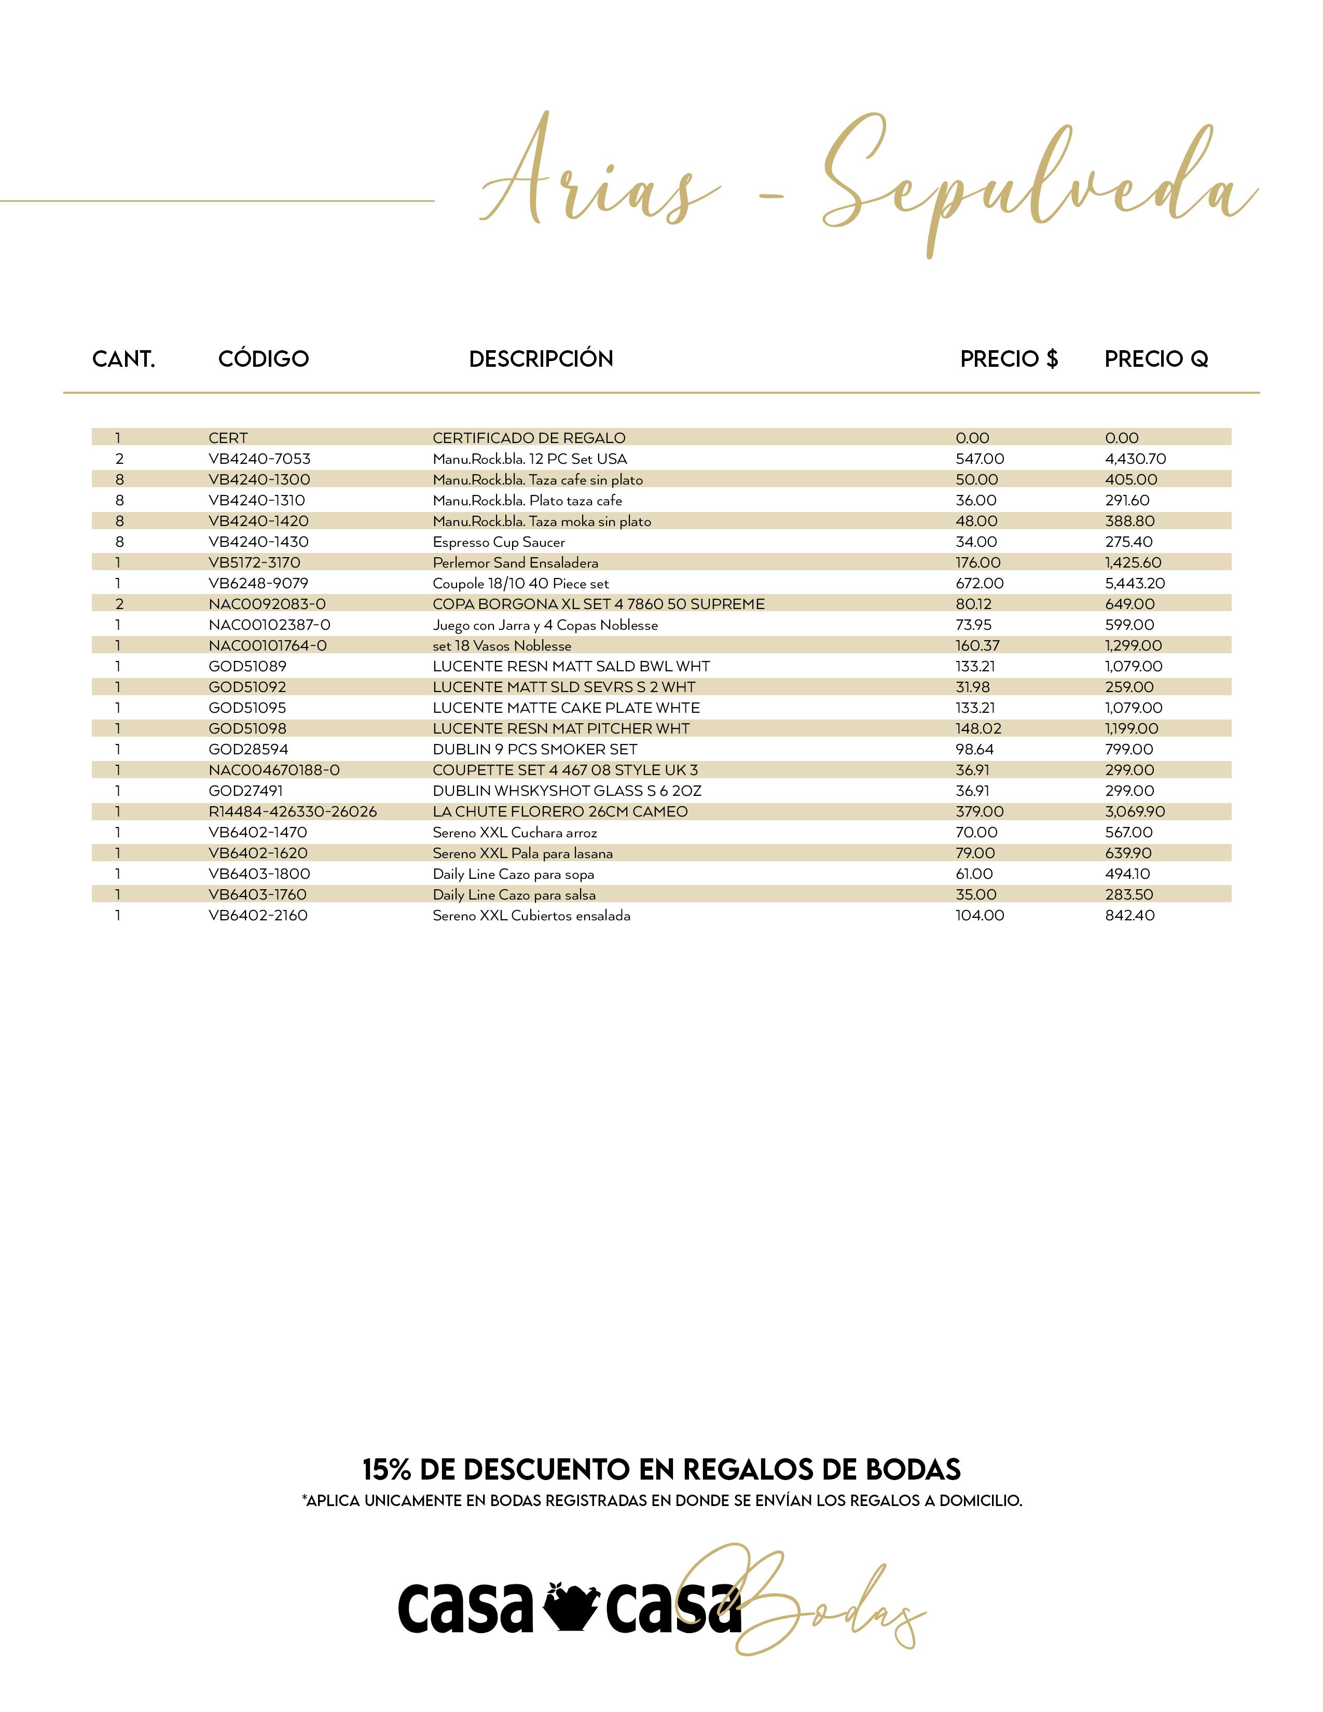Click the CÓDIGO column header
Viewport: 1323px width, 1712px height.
coord(264,359)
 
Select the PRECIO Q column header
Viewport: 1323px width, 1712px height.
coord(1156,359)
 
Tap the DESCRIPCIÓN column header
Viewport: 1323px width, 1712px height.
coord(541,359)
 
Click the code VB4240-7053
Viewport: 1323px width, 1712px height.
coord(259,459)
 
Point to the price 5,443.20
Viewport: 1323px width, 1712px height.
coord(1135,583)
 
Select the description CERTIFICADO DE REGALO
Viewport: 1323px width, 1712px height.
coord(529,438)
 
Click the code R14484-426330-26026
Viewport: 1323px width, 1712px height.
coord(292,811)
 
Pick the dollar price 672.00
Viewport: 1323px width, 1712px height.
coord(979,583)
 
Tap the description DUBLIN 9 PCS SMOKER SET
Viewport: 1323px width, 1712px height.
coord(534,750)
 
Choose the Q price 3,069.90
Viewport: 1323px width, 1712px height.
coord(1135,811)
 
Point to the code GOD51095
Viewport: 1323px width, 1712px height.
coord(247,708)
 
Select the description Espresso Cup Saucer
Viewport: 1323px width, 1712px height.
coord(499,542)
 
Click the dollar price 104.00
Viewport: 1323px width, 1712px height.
coord(979,916)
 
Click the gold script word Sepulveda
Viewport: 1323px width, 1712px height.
coord(1035,184)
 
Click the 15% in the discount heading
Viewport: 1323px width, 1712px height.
coord(387,1469)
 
